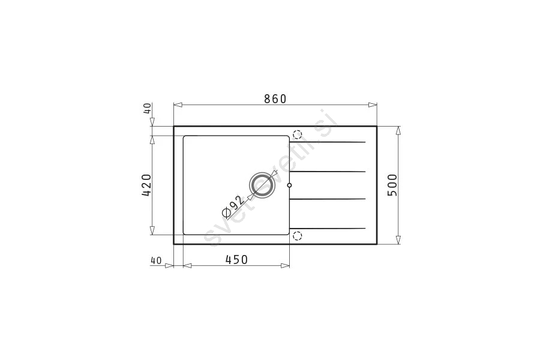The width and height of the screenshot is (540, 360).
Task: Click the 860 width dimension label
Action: tap(275, 99)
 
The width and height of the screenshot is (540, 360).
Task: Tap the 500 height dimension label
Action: tap(392, 185)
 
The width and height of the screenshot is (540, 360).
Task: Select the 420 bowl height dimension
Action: tap(146, 185)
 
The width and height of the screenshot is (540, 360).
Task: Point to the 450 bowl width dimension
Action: tap(236, 259)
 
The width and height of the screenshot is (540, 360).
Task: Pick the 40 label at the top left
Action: tap(147, 108)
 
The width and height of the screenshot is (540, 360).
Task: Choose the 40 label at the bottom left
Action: tap(155, 261)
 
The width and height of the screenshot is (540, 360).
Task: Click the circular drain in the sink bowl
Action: tap(262, 184)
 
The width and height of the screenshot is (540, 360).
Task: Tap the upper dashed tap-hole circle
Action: tap(297, 134)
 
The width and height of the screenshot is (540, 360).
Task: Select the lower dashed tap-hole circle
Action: tap(297, 236)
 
